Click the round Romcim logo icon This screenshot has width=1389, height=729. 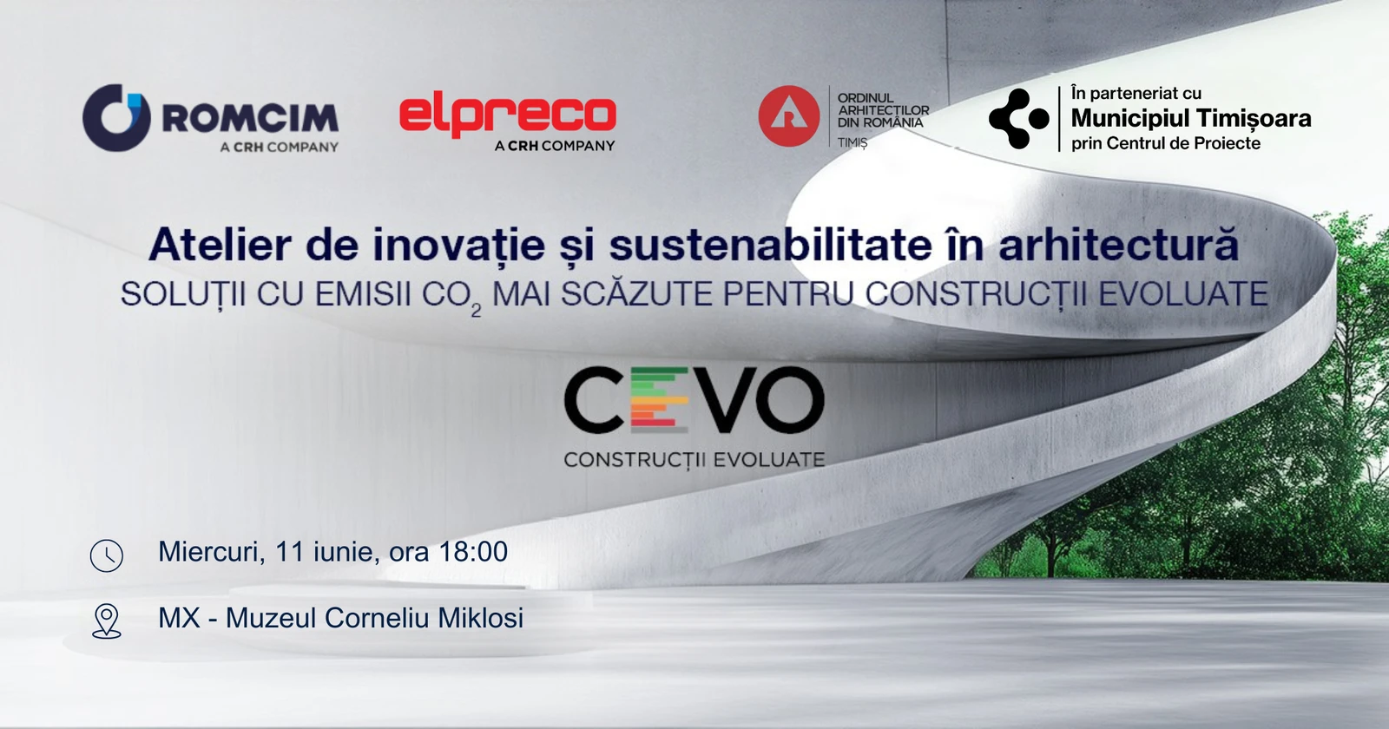click(x=117, y=118)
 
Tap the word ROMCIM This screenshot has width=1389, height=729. click(x=251, y=118)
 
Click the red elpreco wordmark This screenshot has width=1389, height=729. click(x=507, y=116)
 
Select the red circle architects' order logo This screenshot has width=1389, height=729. click(x=789, y=116)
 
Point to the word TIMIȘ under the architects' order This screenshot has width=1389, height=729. click(x=852, y=143)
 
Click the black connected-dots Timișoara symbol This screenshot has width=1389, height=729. click(x=1019, y=118)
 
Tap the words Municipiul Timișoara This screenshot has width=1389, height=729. click(x=1191, y=118)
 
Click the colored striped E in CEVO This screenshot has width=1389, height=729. click(x=659, y=400)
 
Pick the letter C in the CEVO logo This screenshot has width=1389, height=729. click(x=594, y=400)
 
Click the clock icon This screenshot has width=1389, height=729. click(x=107, y=555)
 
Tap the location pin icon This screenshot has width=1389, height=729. click(x=107, y=621)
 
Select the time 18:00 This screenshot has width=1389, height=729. click(x=473, y=551)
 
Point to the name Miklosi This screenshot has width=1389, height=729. click(x=481, y=617)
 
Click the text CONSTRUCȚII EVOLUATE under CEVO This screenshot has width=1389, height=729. click(x=694, y=460)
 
